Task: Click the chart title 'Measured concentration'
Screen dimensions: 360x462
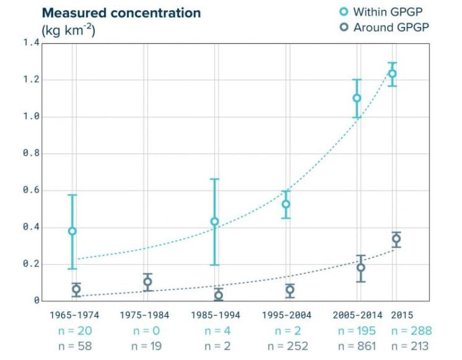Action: coord(121,13)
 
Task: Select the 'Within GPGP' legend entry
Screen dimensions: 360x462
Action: coord(384,11)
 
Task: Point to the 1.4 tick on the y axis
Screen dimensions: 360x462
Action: coord(31,43)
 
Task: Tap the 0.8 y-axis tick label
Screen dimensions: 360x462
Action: coord(31,154)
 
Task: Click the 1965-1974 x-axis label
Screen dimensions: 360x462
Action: coord(73,315)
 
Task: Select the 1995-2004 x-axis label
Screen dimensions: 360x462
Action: coord(286,315)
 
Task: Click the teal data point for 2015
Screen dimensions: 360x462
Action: coord(392,73)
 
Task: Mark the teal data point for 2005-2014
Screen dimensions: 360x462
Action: coord(357,98)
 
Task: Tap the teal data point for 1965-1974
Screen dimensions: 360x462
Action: coord(72,231)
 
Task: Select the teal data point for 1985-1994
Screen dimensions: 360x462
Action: coord(215,222)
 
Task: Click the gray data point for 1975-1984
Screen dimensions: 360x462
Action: coord(148,282)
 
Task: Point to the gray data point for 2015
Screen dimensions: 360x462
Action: coord(396,238)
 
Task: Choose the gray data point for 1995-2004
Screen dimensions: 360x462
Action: coord(290,290)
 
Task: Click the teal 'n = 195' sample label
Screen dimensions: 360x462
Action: coord(356,331)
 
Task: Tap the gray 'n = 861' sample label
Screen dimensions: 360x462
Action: coord(356,346)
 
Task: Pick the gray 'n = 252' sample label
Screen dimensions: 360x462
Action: coord(287,346)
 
